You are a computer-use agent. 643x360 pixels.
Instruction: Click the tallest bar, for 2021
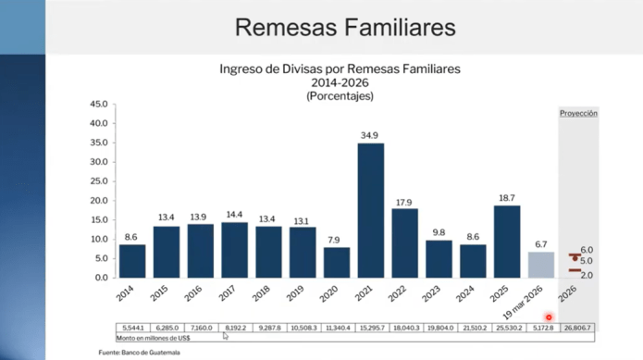370,210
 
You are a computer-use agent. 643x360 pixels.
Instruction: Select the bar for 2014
132,260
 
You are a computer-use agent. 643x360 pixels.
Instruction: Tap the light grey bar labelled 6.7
540,264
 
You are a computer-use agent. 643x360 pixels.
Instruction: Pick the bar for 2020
337,262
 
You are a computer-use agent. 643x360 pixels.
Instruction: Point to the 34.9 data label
370,136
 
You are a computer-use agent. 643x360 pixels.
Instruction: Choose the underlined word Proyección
578,113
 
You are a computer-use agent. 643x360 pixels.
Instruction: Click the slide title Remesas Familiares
344,28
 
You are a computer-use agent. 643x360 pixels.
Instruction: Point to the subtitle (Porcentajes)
339,95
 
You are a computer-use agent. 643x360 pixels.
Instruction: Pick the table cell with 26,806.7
579,329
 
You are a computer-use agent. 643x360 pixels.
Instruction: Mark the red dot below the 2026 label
549,317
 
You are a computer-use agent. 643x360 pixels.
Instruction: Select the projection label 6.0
587,250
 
